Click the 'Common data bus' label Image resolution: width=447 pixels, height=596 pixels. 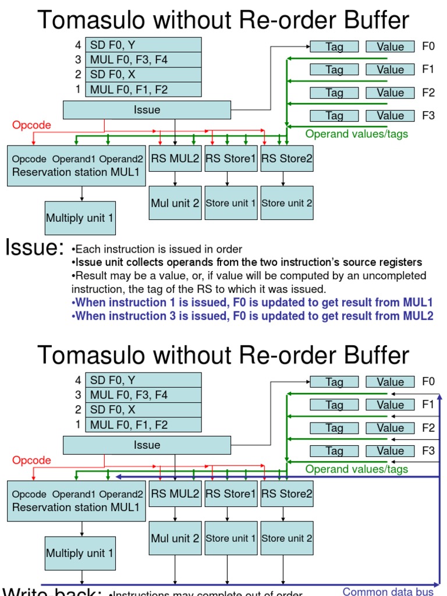[388, 591]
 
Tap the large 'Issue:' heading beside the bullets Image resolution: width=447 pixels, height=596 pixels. [34, 247]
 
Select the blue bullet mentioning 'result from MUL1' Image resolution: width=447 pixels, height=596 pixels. [252, 303]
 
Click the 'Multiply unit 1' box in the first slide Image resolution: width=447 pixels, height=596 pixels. [80, 218]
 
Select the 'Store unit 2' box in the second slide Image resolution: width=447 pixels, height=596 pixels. [287, 538]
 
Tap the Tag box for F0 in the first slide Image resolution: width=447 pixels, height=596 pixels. [334, 47]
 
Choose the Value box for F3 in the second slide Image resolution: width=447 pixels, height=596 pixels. [390, 450]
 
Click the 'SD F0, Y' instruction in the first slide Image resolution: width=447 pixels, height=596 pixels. [143, 45]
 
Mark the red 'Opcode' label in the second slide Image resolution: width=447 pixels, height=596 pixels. [31, 460]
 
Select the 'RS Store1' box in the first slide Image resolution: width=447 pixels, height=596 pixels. [231, 159]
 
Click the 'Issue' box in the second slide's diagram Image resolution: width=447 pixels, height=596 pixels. [147, 445]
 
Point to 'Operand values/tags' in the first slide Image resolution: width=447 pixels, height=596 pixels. [357, 134]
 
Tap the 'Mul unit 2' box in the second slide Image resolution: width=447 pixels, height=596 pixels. [175, 538]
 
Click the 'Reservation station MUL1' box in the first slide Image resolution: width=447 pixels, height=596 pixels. [76, 166]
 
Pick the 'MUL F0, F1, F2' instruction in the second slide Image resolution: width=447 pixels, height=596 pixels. [143, 425]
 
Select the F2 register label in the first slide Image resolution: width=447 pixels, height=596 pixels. [428, 93]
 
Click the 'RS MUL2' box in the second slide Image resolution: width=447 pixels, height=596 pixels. [175, 494]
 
